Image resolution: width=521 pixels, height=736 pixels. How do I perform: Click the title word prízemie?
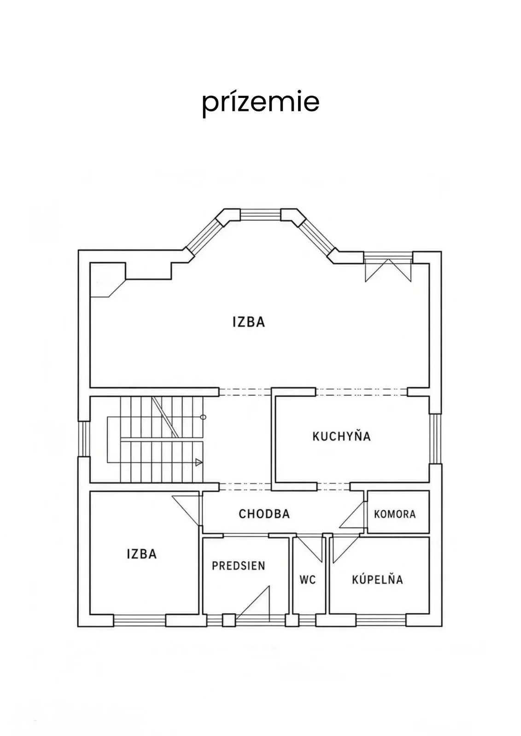(x=260, y=103)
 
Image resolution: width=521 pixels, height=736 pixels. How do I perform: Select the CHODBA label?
(x=264, y=514)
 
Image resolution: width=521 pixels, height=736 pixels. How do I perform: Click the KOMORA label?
(x=395, y=514)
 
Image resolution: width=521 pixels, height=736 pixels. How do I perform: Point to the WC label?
(x=308, y=580)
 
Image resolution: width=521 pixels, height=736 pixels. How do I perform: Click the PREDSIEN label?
(x=238, y=566)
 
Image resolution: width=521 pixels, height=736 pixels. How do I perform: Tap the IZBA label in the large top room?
(x=249, y=322)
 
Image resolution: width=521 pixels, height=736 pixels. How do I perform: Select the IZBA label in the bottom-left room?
(x=142, y=554)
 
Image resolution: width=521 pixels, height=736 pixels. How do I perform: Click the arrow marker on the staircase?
(x=199, y=462)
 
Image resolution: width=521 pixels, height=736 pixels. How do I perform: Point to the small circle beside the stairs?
(x=204, y=417)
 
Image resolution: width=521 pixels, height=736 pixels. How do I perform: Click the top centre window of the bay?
(x=260, y=215)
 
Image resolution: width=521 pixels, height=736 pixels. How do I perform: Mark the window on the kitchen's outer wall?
(x=435, y=439)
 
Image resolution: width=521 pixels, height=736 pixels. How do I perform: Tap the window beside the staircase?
(x=84, y=439)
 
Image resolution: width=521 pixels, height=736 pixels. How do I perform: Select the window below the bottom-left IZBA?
(x=140, y=621)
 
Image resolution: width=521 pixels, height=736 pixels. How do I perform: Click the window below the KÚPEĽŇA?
(x=381, y=621)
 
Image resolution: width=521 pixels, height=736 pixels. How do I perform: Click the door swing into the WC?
(x=310, y=547)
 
